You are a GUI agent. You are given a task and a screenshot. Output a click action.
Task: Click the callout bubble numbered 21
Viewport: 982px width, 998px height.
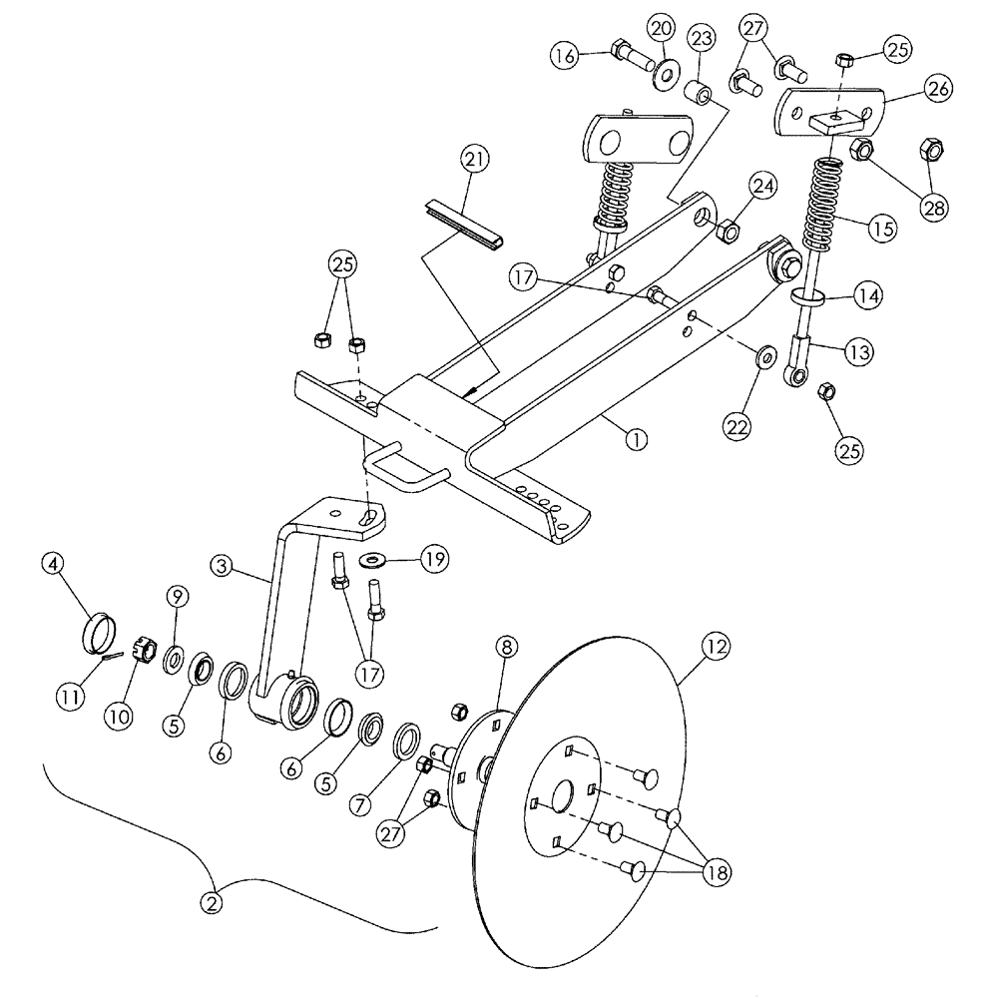click(x=475, y=161)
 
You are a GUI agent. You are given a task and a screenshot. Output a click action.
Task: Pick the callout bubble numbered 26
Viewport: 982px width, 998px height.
click(x=939, y=89)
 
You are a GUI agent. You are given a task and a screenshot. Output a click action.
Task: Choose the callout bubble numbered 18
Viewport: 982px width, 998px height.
click(x=716, y=872)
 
